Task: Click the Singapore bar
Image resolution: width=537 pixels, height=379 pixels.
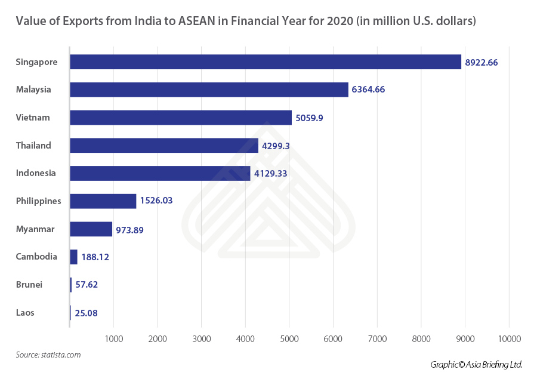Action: pyautogui.click(x=266, y=61)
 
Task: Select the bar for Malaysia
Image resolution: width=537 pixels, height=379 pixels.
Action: pyautogui.click(x=209, y=90)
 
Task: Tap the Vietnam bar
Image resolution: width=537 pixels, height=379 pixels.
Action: pyautogui.click(x=181, y=118)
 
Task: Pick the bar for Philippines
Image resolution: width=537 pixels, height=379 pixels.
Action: pyautogui.click(x=103, y=201)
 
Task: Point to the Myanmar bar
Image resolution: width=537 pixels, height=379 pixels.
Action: pyautogui.click(x=91, y=229)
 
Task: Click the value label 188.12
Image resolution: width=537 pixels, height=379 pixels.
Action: pyautogui.click(x=95, y=257)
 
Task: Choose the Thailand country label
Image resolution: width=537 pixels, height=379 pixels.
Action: pyautogui.click(x=33, y=145)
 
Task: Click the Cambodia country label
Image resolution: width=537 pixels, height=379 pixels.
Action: pyautogui.click(x=36, y=257)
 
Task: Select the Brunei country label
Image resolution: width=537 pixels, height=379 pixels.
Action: pyautogui.click(x=29, y=285)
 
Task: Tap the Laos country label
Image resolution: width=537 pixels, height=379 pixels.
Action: pyautogui.click(x=25, y=312)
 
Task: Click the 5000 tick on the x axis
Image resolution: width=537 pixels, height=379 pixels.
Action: pyautogui.click(x=289, y=339)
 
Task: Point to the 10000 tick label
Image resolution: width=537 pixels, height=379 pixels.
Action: pyautogui.click(x=508, y=339)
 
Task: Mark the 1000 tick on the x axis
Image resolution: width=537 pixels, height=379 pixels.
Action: pyautogui.click(x=113, y=339)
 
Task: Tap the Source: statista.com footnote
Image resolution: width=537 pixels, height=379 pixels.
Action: pyautogui.click(x=48, y=355)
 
